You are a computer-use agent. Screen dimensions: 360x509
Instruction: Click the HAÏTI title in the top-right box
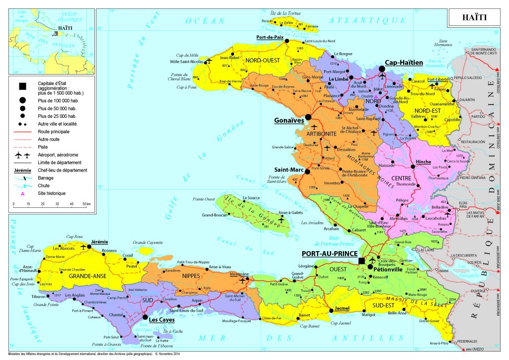point(474,17)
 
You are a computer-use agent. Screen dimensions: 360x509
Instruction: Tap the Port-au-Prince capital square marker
point(362,261)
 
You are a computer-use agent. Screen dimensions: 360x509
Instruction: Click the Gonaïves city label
point(289,120)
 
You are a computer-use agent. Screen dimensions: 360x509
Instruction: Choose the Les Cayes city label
point(162,320)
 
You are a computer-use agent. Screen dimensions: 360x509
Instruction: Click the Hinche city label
point(424,162)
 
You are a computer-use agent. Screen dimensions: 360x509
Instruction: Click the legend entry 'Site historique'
point(52,193)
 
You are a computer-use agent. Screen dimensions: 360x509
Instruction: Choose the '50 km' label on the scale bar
point(86,204)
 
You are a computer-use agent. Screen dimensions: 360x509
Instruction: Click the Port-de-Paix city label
point(270,37)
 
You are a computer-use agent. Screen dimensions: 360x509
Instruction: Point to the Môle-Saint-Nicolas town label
point(187,61)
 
